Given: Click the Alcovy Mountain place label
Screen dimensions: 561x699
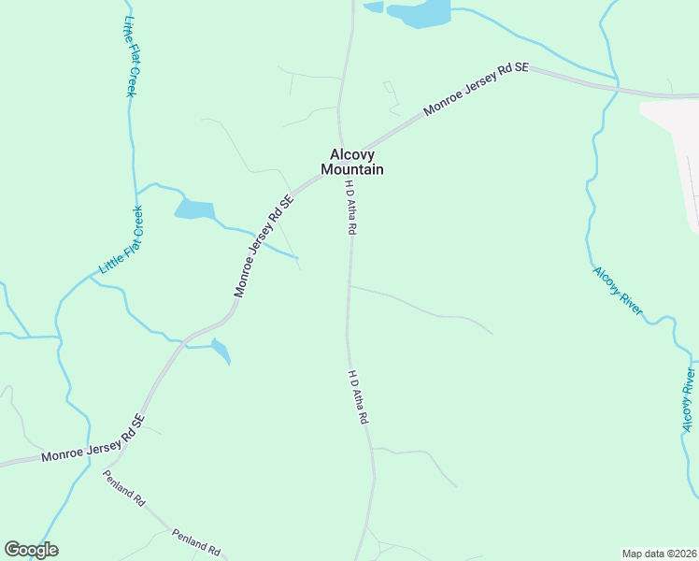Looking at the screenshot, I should (352, 162).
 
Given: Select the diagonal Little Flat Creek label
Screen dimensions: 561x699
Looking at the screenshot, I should (122, 239).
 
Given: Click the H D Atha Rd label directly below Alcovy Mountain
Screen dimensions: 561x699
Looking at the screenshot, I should (350, 207).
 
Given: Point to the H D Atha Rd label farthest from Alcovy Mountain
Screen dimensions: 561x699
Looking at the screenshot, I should (356, 398).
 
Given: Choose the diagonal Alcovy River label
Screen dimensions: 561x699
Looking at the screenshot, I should (618, 292).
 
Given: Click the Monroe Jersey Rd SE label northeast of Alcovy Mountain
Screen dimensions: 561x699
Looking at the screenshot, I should (476, 90).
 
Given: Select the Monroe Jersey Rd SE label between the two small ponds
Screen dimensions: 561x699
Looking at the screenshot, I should (264, 246).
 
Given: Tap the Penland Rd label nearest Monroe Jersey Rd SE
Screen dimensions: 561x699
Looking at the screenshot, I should (123, 488).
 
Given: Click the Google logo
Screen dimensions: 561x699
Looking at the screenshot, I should (31, 550).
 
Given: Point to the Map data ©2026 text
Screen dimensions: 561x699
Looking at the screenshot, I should (660, 554).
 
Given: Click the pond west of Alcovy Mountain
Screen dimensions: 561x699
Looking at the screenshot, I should (194, 209).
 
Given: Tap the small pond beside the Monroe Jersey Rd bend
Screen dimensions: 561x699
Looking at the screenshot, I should (221, 352).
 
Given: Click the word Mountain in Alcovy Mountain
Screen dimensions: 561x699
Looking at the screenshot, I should (352, 169).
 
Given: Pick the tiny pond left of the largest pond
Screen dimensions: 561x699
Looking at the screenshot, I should (373, 7).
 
